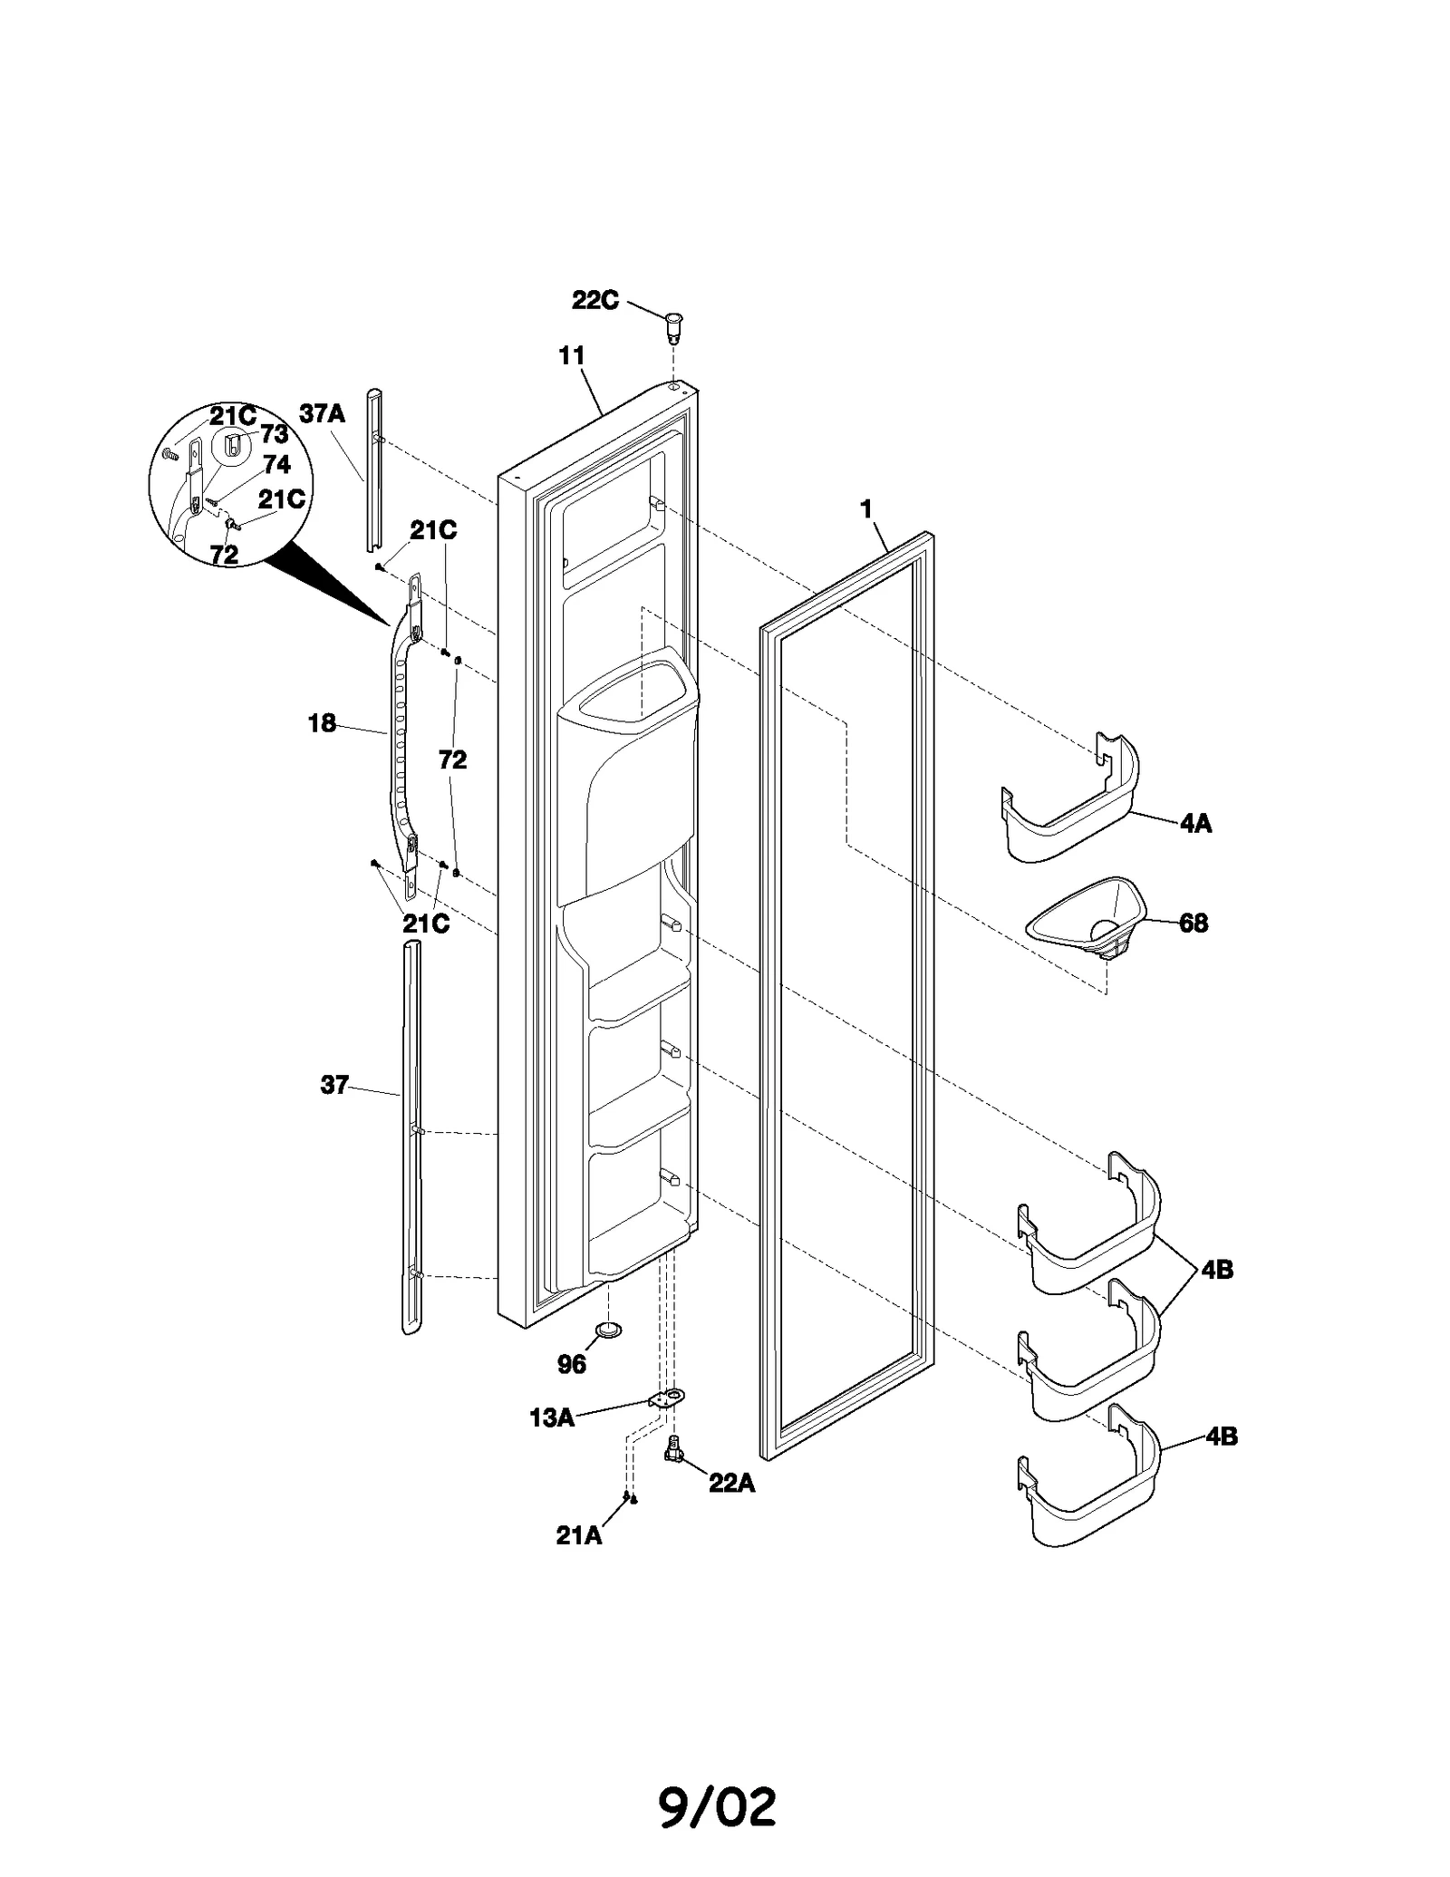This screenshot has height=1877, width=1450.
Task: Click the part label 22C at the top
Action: pos(594,301)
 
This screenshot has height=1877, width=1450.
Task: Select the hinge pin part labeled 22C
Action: pos(674,326)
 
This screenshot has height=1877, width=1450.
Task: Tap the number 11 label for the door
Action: pos(571,356)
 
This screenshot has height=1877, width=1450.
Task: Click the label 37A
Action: pos(323,414)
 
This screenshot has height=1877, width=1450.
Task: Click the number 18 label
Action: pos(322,723)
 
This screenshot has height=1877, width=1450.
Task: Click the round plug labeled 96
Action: pos(609,1329)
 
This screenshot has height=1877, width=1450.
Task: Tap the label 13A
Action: pos(552,1418)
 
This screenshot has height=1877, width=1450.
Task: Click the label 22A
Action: pos(731,1483)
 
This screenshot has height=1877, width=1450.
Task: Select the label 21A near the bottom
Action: pos(578,1535)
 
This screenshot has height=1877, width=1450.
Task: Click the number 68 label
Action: pos(1194,924)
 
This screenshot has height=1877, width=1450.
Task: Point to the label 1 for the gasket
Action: pos(866,510)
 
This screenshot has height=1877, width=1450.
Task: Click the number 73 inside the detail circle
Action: pos(274,434)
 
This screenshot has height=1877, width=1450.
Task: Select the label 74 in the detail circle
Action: pos(276,465)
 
